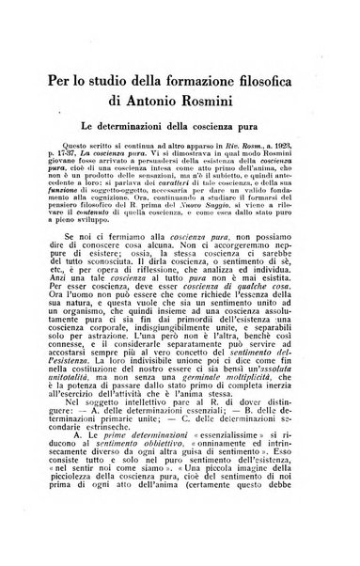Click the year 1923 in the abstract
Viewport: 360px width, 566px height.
(x=295, y=148)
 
